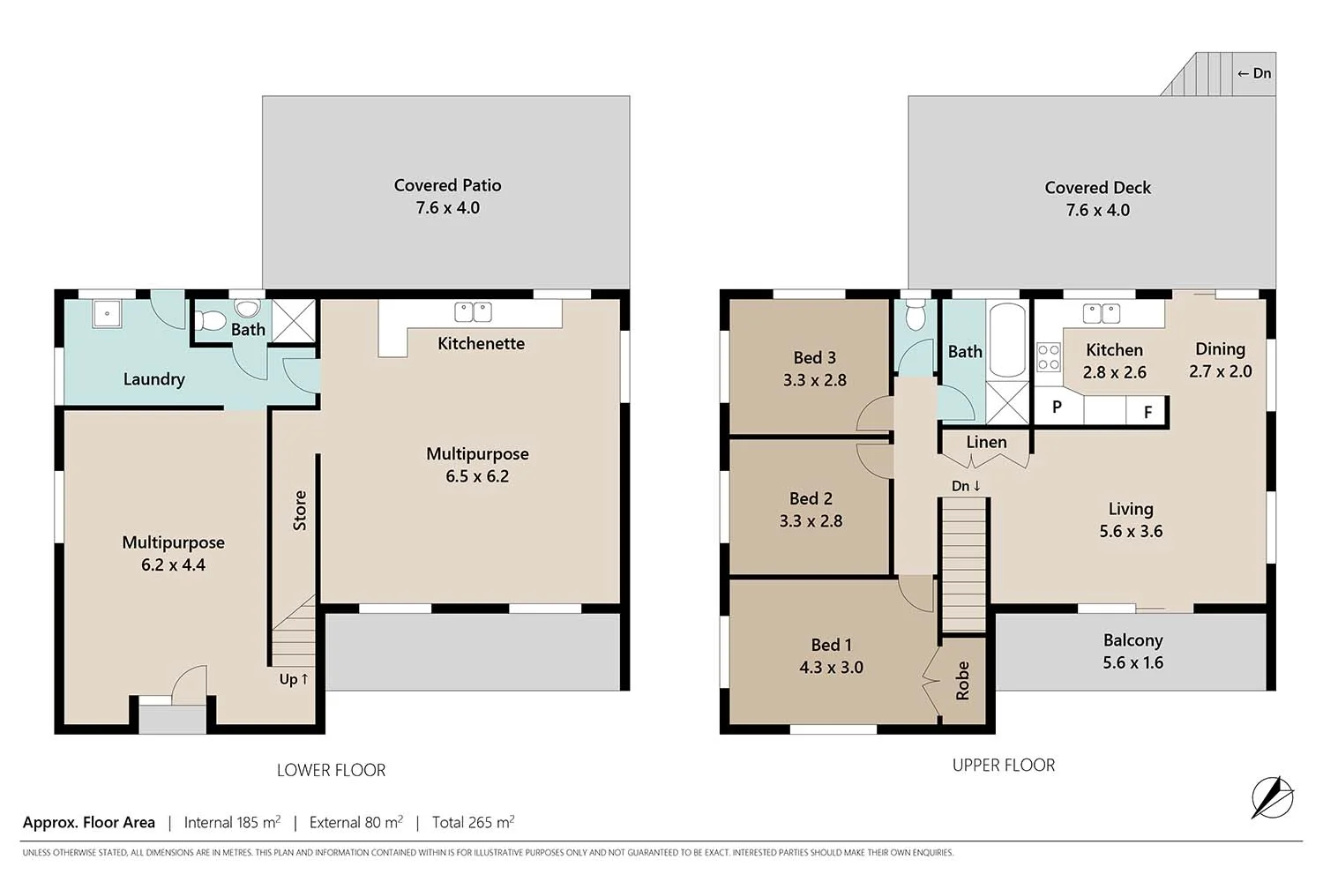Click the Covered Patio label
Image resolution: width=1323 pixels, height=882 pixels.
[x=447, y=186]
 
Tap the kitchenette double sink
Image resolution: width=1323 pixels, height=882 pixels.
[x=473, y=312]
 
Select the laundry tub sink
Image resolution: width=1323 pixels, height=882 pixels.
[x=108, y=311]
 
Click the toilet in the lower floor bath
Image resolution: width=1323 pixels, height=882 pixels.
[x=248, y=309]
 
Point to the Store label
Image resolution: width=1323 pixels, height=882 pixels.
[x=300, y=510]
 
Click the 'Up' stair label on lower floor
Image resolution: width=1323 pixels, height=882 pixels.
[x=294, y=679]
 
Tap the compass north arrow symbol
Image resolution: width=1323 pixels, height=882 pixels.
[x=1272, y=797]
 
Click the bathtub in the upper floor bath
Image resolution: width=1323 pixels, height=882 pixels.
[x=1006, y=340]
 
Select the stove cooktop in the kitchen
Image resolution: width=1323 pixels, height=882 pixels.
[x=1048, y=357]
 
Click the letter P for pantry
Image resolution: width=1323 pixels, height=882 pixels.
[x=1057, y=407]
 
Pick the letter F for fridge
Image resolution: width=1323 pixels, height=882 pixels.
[x=1147, y=412]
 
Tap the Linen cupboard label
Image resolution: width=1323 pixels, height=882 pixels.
[x=986, y=442]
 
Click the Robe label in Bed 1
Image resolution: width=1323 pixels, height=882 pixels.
[x=962, y=680]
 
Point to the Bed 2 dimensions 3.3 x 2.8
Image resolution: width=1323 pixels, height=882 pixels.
[x=811, y=521]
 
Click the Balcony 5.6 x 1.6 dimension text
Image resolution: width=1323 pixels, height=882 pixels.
[x=1132, y=663]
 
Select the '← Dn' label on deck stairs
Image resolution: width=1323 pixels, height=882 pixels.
[x=1253, y=74]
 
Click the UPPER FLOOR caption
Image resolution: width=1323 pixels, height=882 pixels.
[x=1003, y=766]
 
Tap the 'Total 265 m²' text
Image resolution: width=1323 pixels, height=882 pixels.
[x=473, y=822]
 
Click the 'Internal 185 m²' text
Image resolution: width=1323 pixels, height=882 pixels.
[x=232, y=822]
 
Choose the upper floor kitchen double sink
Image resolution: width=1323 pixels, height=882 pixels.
[x=1101, y=313]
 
